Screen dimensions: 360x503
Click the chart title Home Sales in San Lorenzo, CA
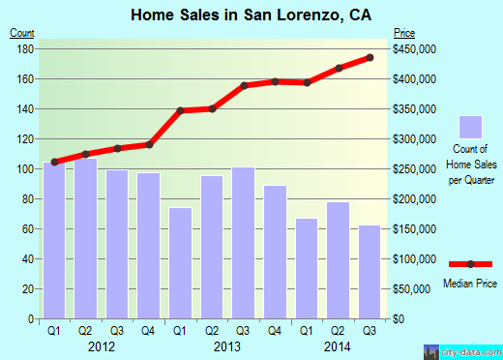[x=251, y=15]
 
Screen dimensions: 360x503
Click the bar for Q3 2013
[x=244, y=243]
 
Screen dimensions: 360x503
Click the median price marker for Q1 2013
[x=180, y=110]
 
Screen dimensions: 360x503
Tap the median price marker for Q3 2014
[x=370, y=58]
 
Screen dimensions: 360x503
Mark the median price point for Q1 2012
[x=54, y=162]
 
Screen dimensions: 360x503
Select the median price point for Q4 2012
[x=149, y=144]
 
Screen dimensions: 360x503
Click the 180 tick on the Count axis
[x=26, y=48]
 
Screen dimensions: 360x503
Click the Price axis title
[x=404, y=33]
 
